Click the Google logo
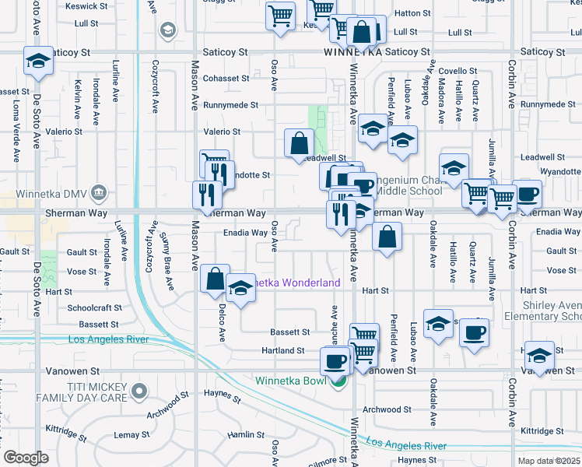(26, 458)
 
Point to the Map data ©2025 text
(549, 461)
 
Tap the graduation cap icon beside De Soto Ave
(37, 62)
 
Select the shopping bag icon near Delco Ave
(215, 279)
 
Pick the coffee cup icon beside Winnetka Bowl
(335, 361)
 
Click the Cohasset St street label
(226, 79)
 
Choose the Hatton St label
(412, 13)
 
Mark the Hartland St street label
(282, 351)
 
